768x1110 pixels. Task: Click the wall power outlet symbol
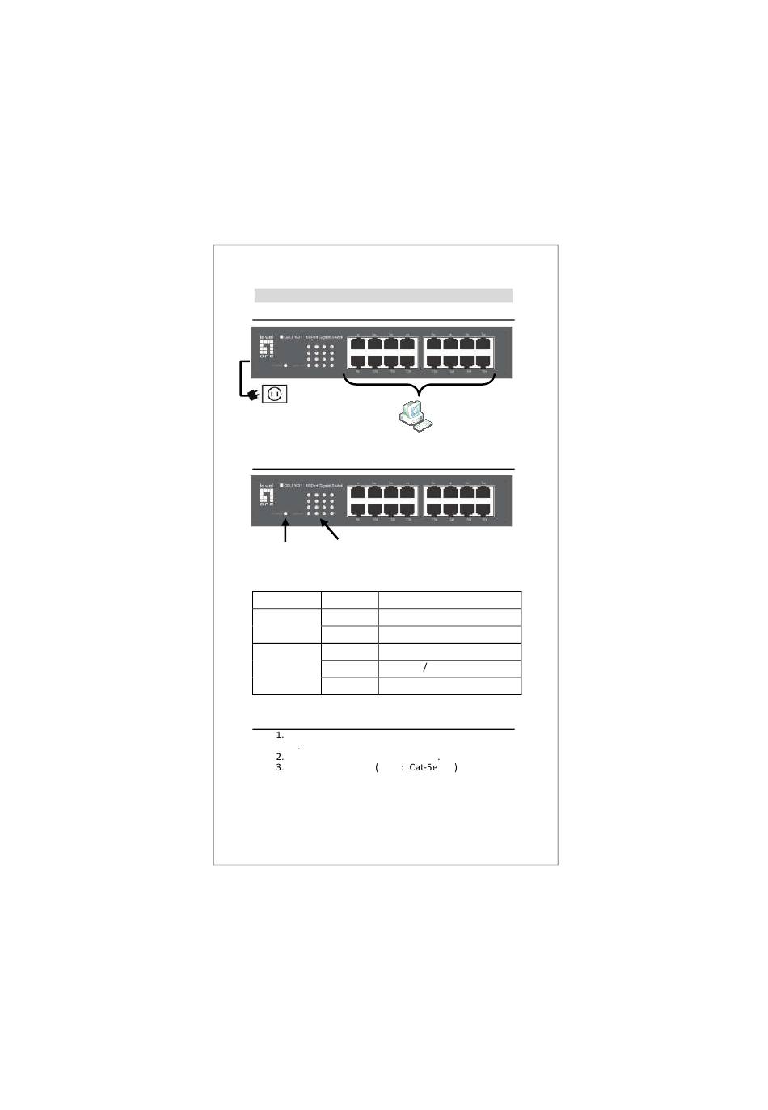pyautogui.click(x=275, y=394)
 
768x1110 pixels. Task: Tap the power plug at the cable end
pyautogui.click(x=253, y=395)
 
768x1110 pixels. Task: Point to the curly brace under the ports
pyautogui.click(x=419, y=385)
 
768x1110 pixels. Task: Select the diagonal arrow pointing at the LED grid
pyautogui.click(x=329, y=530)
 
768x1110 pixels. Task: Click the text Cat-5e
pyautogui.click(x=423, y=767)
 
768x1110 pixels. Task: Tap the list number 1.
pyautogui.click(x=280, y=735)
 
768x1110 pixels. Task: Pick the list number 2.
pyautogui.click(x=280, y=757)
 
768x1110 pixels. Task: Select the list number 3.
pyautogui.click(x=280, y=767)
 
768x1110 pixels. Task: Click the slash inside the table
pyautogui.click(x=425, y=668)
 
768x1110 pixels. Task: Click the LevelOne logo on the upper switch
pyautogui.click(x=266, y=346)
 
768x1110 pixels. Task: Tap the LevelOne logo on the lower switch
pyautogui.click(x=266, y=495)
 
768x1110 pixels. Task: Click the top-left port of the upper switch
pyautogui.click(x=357, y=343)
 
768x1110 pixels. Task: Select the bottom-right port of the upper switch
pyautogui.click(x=483, y=361)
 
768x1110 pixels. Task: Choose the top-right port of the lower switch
pyautogui.click(x=483, y=492)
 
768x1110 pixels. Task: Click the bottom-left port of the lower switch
pyautogui.click(x=357, y=509)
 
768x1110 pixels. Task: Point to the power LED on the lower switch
pyautogui.click(x=285, y=513)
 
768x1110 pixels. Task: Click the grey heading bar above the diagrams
pyautogui.click(x=383, y=295)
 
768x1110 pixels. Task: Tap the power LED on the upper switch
pyautogui.click(x=285, y=365)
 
